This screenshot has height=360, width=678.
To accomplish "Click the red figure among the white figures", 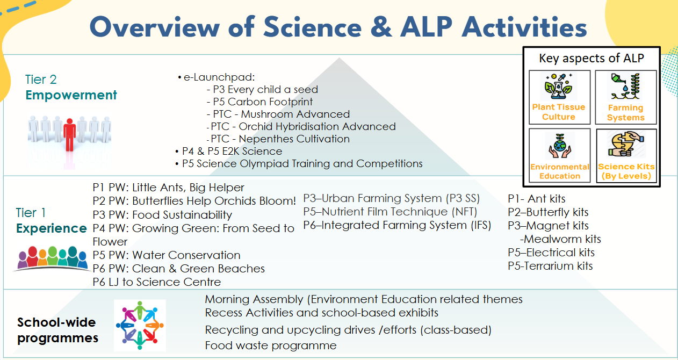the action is coord(70,135).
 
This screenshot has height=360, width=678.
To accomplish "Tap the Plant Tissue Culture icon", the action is coord(558,87).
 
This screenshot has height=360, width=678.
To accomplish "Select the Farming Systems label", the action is coord(626,113).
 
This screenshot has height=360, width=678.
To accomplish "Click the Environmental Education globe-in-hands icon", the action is coord(560,146).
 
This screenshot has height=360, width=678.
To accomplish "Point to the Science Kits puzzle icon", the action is coord(626,144).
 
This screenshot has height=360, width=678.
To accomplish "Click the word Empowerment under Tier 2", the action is coord(71,95).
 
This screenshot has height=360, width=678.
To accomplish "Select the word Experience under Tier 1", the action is coord(52,228).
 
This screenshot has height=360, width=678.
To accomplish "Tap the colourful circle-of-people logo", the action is coord(140,325).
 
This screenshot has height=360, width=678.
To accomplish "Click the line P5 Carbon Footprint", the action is coord(259,102).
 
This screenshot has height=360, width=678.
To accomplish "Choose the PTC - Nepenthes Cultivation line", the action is coord(278,139).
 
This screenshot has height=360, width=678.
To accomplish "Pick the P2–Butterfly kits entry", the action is coord(548,212).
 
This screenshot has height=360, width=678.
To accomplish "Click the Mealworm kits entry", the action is coord(560,239).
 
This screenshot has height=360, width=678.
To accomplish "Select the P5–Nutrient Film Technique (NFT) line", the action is coord(390,212).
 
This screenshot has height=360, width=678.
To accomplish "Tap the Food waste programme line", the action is coord(271,345).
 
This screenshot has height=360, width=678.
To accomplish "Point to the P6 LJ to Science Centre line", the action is coord(157,282).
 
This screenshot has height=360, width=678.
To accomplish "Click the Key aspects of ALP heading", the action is coord(592,58).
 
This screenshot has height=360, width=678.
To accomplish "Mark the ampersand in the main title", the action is coord(381,27).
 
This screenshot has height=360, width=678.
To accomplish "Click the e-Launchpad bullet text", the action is coord(219,77).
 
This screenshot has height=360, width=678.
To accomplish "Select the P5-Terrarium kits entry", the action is coord(550,266).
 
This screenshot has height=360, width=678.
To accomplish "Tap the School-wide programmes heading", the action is coord(57,330).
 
